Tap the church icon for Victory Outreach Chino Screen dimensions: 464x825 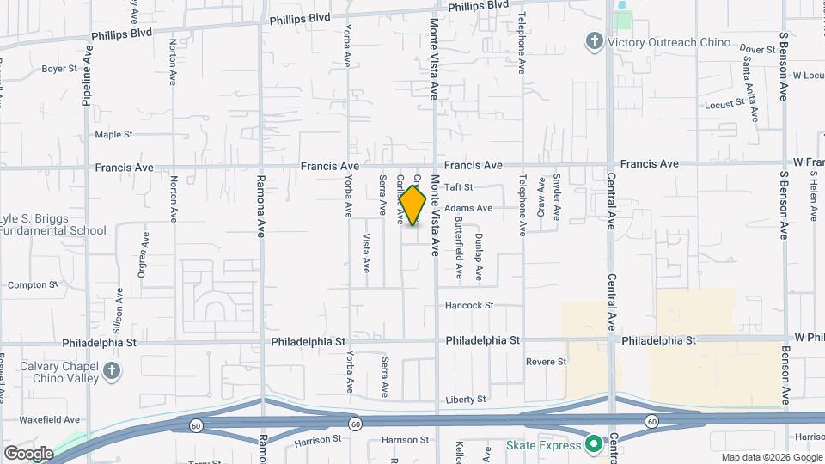coord(593,41)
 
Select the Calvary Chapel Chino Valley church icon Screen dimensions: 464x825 coord(111,371)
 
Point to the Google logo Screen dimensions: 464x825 coord(27,453)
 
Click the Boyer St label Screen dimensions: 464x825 coord(59,68)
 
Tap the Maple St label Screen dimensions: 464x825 coord(113,134)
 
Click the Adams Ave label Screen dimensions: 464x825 coord(468,208)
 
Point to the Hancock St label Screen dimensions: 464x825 coord(468,305)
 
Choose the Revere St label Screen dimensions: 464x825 coord(547,362)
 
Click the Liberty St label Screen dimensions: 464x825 coord(466,399)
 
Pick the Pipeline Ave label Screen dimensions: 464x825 coord(87,77)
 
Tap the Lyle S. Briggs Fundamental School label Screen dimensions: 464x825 coord(53,224)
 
